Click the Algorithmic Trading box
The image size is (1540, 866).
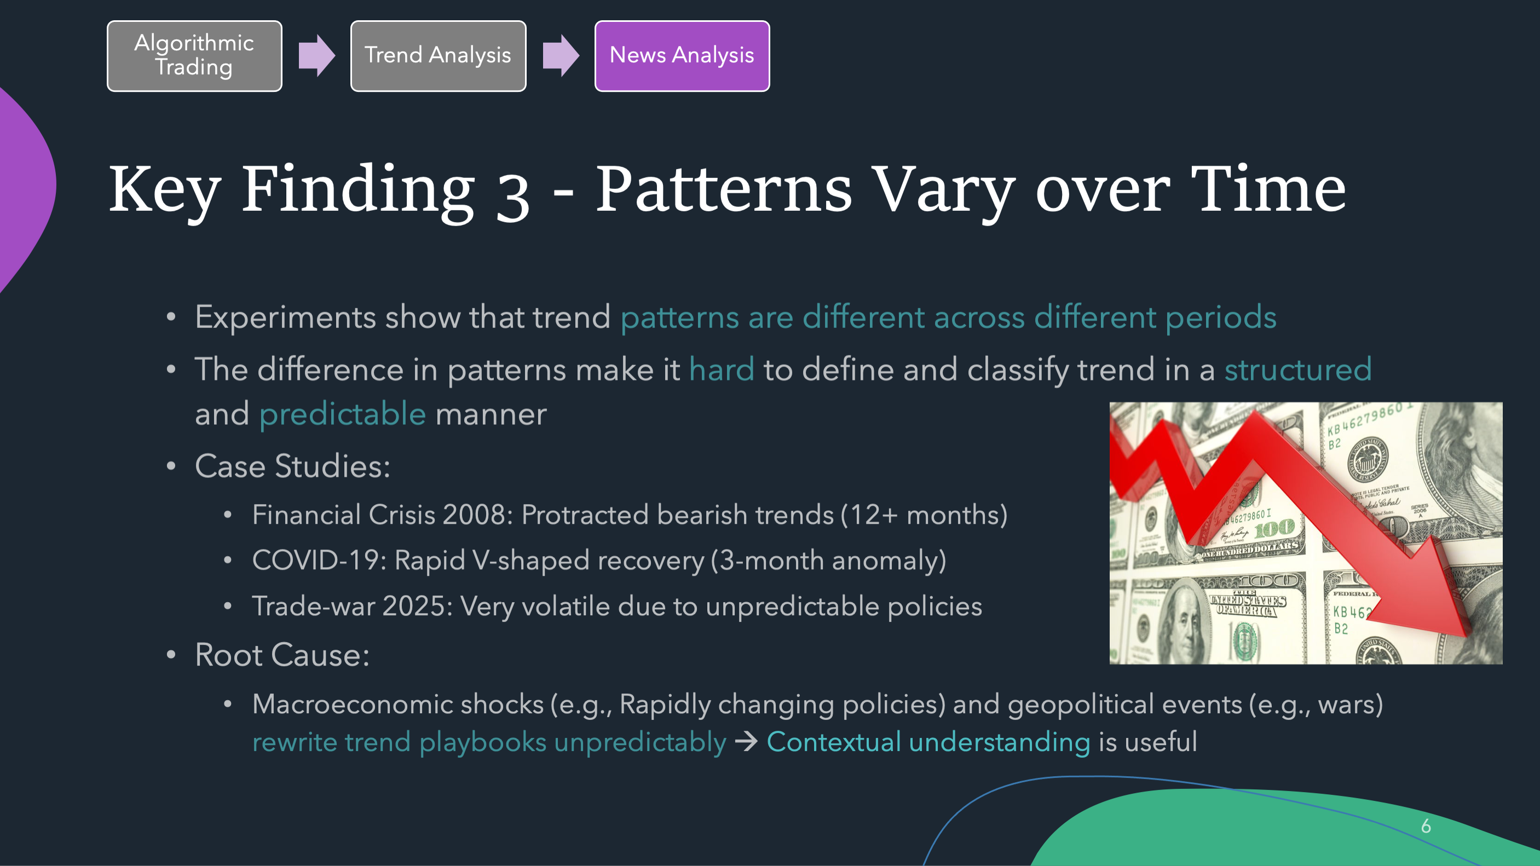pyautogui.click(x=194, y=56)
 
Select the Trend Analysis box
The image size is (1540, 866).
pyautogui.click(x=438, y=56)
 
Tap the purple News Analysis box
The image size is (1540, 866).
pyautogui.click(x=682, y=56)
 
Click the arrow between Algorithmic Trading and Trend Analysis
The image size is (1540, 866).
pyautogui.click(x=316, y=56)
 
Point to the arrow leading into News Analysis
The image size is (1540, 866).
pyautogui.click(x=560, y=56)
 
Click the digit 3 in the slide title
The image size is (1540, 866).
pyautogui.click(x=513, y=197)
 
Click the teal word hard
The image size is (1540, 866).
pyautogui.click(x=722, y=370)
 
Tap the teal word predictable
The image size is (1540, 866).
pyautogui.click(x=343, y=414)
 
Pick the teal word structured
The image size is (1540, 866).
pyautogui.click(x=1298, y=370)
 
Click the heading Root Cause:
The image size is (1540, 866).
pyautogui.click(x=282, y=655)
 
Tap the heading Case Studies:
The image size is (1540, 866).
pyautogui.click(x=293, y=466)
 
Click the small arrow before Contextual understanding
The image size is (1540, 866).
pyautogui.click(x=746, y=742)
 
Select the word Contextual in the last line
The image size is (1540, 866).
pyautogui.click(x=833, y=742)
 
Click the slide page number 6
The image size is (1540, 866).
pyautogui.click(x=1426, y=826)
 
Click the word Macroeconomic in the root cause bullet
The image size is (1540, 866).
pyautogui.click(x=397, y=704)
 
